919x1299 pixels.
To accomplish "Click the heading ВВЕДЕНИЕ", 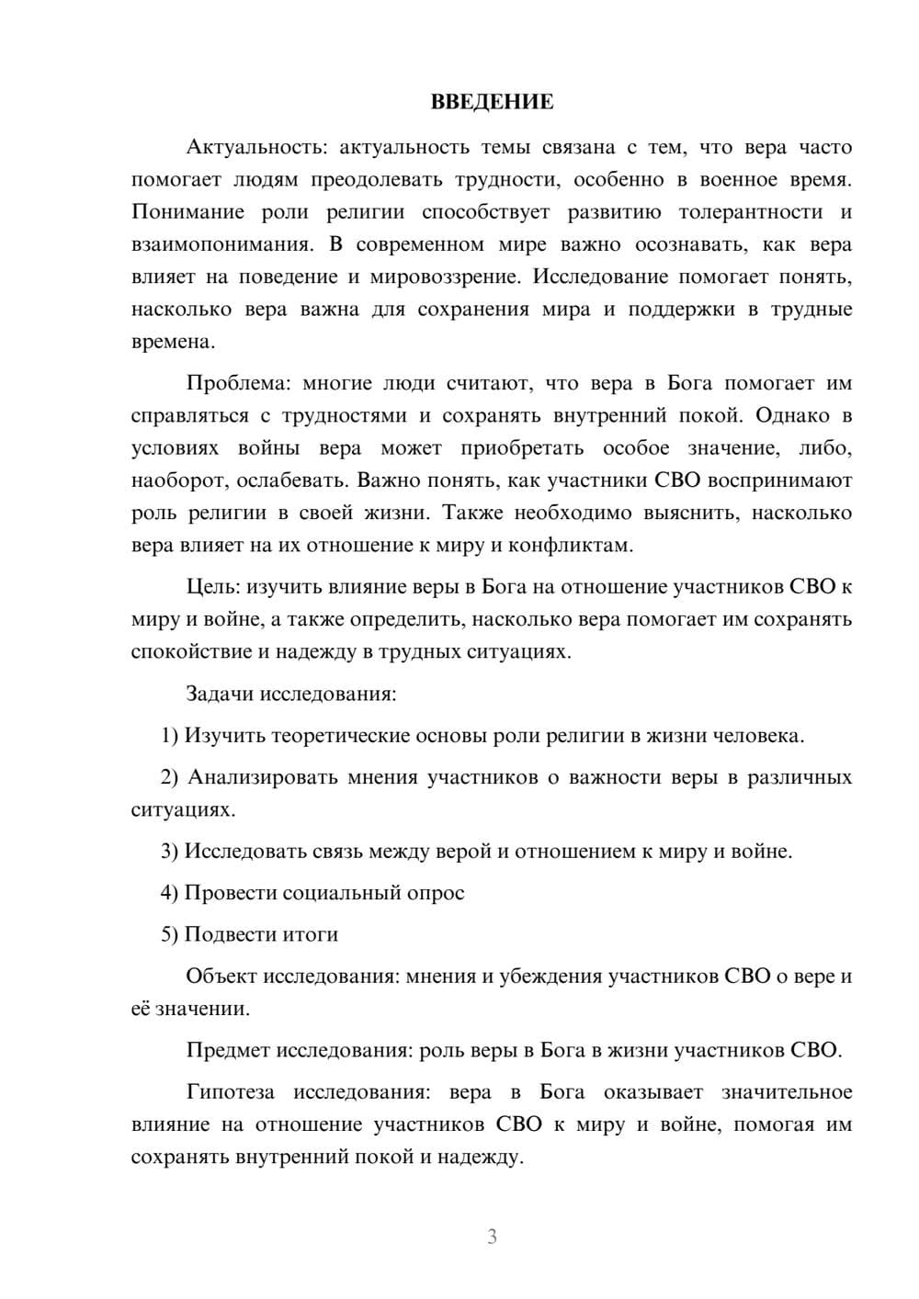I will (492, 102).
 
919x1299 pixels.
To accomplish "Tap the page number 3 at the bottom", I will (492, 1237).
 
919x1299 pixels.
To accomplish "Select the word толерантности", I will (750, 212).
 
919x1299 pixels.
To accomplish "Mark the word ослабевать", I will (294, 480).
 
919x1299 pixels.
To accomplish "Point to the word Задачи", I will (220, 694).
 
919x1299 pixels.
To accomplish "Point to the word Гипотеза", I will (230, 1092).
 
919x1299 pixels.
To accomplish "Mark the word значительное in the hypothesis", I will (787, 1092).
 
